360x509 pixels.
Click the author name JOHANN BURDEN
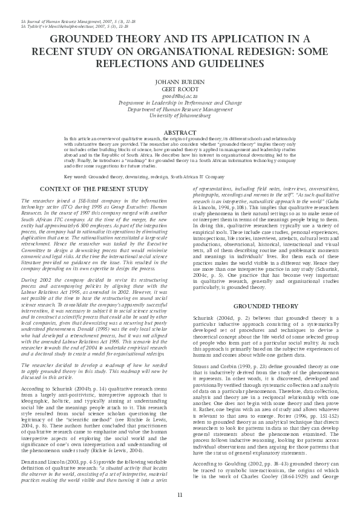(180, 82)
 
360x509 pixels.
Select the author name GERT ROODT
(180, 89)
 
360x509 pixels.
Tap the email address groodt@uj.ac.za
(180, 96)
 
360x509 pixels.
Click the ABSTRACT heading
(180, 132)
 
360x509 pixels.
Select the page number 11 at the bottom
(180, 495)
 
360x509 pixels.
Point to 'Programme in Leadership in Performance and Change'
(180, 102)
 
